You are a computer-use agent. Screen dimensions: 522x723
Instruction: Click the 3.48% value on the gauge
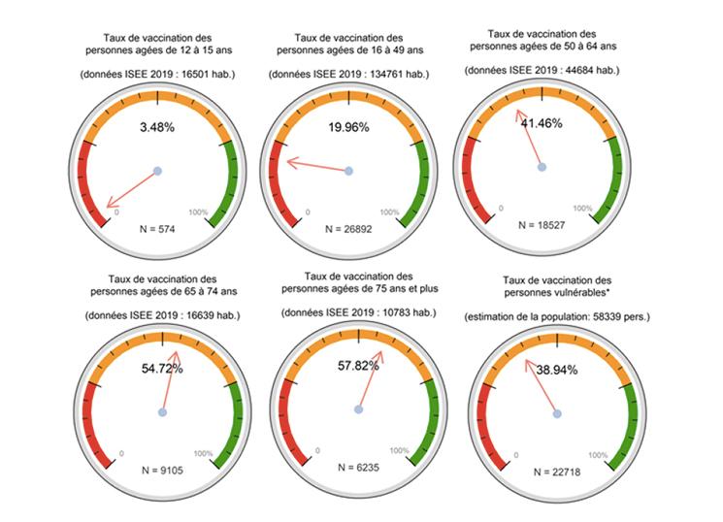[x=156, y=128]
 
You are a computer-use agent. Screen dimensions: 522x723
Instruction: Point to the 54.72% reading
[x=162, y=370]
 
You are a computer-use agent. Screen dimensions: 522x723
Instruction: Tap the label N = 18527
[x=540, y=224]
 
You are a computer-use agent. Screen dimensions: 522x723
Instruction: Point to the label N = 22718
[x=556, y=471]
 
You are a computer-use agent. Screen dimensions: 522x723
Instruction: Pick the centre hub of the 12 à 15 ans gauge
[x=157, y=171]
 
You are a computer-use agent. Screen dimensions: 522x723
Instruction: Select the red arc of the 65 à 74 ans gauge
[x=95, y=427]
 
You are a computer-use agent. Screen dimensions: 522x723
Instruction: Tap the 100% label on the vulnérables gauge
[x=599, y=453]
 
